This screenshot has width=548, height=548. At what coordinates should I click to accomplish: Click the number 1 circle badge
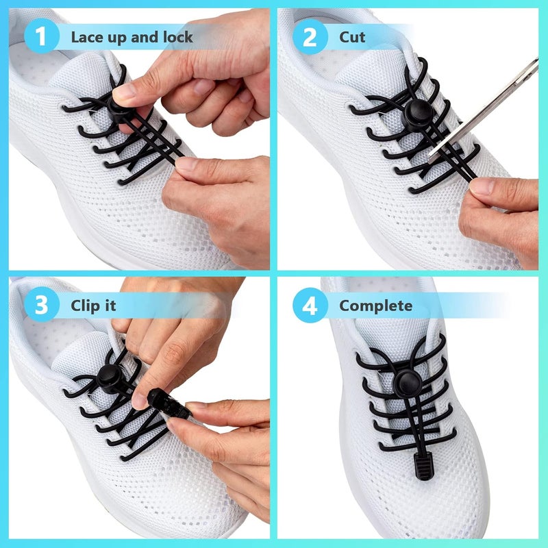pyautogui.click(x=40, y=37)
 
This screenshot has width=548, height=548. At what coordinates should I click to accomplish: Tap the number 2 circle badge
pyautogui.click(x=310, y=37)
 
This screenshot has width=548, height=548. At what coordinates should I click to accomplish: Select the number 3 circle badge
pyautogui.click(x=41, y=306)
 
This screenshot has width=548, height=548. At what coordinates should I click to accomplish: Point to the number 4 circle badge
pyautogui.click(x=310, y=306)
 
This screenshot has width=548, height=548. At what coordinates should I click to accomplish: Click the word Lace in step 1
pyautogui.click(x=87, y=37)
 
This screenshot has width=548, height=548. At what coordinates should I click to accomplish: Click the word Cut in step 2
pyautogui.click(x=352, y=37)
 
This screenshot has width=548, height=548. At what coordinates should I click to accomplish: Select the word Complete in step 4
pyautogui.click(x=376, y=306)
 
